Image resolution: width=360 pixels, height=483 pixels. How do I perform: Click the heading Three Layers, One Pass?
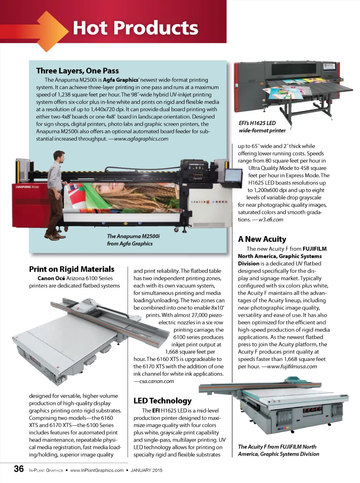coord(77,71)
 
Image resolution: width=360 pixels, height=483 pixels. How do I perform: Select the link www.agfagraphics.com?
coord(141,139)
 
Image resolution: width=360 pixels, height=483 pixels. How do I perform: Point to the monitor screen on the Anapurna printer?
coord(233,176)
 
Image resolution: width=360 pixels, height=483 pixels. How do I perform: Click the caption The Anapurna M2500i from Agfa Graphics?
coord(133,240)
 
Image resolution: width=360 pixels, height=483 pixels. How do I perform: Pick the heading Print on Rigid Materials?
coord(72,269)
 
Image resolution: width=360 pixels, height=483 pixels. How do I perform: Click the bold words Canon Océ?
coord(51,278)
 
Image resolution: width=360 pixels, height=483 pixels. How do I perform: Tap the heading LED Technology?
coord(162,401)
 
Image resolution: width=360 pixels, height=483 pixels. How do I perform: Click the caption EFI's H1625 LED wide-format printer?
coord(262,127)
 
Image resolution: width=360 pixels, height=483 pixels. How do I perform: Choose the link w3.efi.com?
coord(271,220)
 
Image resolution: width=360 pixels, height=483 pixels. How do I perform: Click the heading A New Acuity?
coord(262,239)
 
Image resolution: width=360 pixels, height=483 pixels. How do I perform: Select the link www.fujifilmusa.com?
coord(292,366)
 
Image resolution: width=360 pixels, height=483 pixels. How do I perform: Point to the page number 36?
coord(19,469)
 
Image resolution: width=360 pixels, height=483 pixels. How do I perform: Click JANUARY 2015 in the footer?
coord(147,470)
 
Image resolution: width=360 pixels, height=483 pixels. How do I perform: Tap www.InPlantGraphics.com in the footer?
coord(97,470)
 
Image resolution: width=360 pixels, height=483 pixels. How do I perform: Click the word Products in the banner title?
coord(156,28)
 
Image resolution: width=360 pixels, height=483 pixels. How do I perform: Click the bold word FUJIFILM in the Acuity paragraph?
coord(315,249)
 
